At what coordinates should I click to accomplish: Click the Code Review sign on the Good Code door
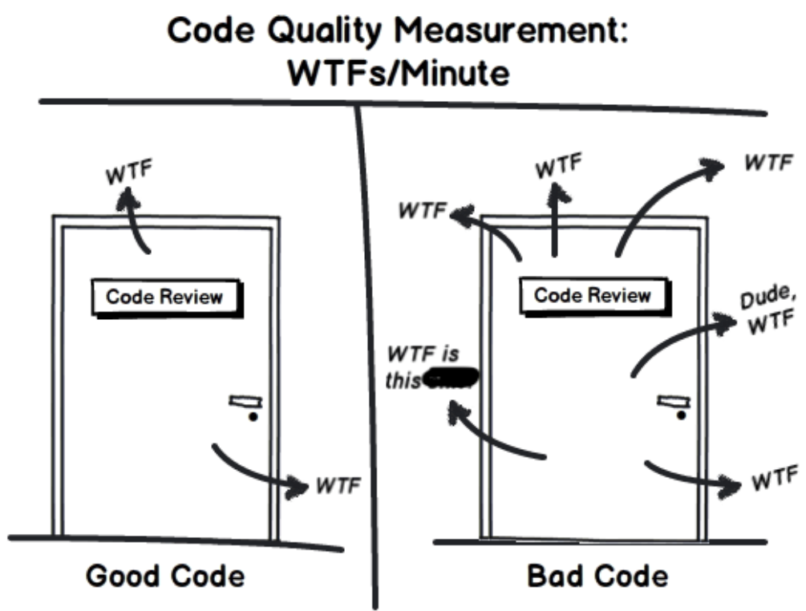click(164, 297)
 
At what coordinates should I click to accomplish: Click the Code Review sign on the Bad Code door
click(593, 294)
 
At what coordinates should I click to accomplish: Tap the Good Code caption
click(165, 576)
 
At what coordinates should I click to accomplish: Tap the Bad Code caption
click(597, 576)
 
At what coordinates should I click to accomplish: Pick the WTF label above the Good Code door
click(129, 174)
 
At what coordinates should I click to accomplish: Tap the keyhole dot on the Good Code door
click(253, 418)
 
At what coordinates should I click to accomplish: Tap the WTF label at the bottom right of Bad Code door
click(774, 479)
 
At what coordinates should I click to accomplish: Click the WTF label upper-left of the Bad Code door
click(423, 211)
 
